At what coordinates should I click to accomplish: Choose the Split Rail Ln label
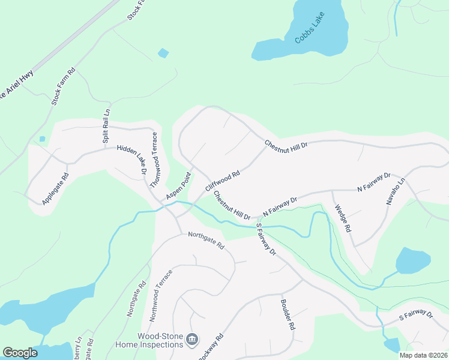point(106,125)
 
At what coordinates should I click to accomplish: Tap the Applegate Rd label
point(56,189)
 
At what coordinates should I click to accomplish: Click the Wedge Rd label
point(341,220)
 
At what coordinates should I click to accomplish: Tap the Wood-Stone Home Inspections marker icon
point(192,340)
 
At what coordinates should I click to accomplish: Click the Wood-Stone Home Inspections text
point(160,340)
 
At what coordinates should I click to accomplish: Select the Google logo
point(20,353)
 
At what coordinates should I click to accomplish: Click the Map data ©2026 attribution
point(423,355)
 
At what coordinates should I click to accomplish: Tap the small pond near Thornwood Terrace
point(163,53)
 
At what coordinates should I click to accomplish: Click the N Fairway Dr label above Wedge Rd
point(374,182)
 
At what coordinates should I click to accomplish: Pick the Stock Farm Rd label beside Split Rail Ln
point(63,87)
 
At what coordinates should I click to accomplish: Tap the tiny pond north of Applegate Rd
point(42,139)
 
